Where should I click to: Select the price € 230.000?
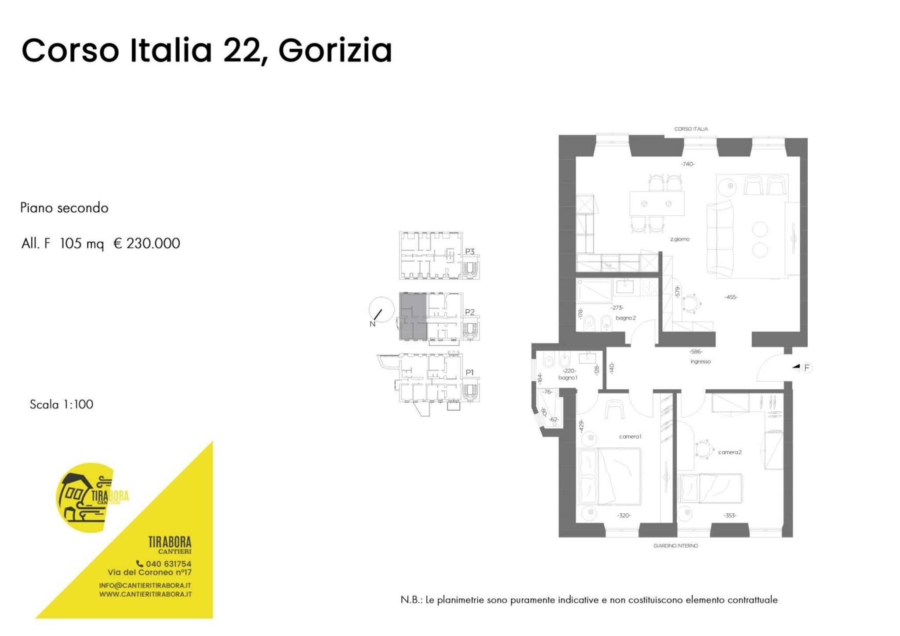point(147,243)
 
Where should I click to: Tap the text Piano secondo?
point(64,208)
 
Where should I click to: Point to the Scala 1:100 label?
point(62,404)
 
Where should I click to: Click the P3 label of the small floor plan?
point(469,252)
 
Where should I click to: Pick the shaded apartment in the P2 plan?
point(413,316)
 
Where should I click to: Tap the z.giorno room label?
point(679,239)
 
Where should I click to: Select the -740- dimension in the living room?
point(688,164)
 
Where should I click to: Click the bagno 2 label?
point(625,318)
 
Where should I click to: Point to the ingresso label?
point(700,361)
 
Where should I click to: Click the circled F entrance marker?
point(807,368)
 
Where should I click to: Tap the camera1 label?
point(630,437)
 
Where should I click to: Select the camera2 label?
point(729,452)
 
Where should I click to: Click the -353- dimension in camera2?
point(730,515)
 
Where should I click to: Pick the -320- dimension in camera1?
point(624,515)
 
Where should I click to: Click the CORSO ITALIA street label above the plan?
point(691,129)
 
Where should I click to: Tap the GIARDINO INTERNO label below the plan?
point(675,546)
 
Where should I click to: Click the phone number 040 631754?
point(168,564)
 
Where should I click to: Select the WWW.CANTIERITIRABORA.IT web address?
point(145,594)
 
